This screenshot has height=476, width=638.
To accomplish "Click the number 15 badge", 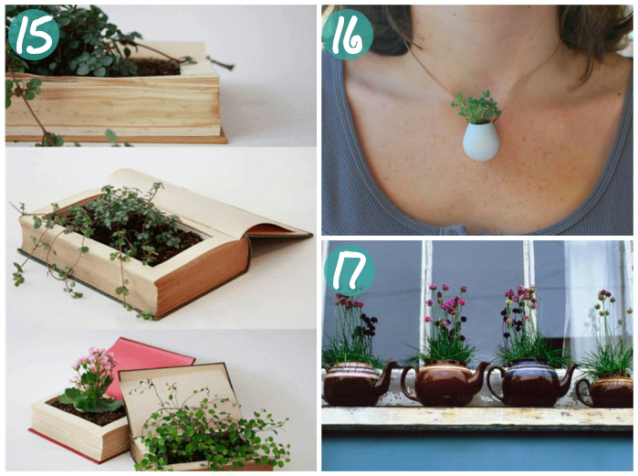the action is (34, 35).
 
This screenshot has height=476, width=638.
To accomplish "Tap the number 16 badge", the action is (348, 35).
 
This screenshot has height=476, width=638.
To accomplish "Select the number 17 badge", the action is (349, 270).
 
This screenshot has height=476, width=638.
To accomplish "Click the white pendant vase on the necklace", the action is (480, 142).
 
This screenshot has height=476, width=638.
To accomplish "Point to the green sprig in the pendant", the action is (476, 107).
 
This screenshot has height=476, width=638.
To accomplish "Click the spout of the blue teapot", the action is (570, 375).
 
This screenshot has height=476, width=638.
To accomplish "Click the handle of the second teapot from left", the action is (409, 383).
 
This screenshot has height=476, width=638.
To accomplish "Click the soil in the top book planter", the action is (159, 68).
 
